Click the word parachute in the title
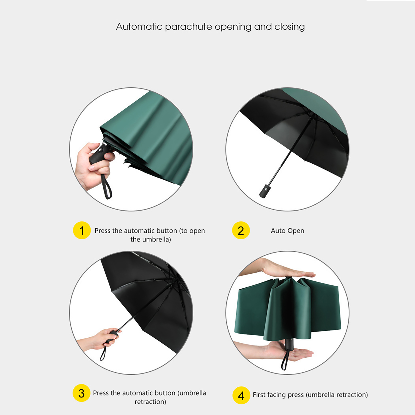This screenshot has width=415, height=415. click(188, 27)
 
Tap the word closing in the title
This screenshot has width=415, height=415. click(289, 27)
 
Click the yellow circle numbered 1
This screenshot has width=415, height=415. click(82, 230)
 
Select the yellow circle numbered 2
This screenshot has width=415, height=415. click(241, 230)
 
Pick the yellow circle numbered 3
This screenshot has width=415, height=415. click(81, 393)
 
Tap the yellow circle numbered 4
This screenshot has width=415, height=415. click(241, 395)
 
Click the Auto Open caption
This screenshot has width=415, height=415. click(287, 231)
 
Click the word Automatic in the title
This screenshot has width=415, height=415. click(139, 27)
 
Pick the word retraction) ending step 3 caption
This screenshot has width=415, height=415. click(150, 402)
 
